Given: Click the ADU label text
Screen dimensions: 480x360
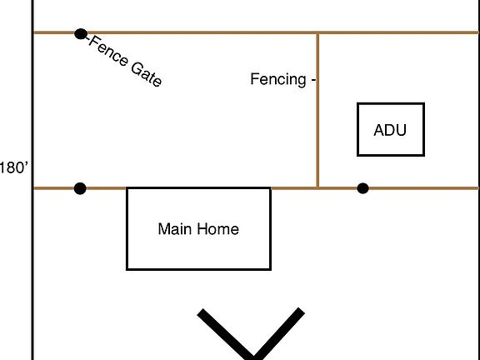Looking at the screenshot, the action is pyautogui.click(x=390, y=130).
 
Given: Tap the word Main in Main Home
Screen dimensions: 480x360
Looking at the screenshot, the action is pyautogui.click(x=172, y=229).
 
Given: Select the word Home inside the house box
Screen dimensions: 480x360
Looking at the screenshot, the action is pyautogui.click(x=218, y=229).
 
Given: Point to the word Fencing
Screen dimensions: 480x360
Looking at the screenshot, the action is pyautogui.click(x=278, y=80).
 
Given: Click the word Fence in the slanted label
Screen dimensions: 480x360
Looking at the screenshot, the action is pyautogui.click(x=108, y=51).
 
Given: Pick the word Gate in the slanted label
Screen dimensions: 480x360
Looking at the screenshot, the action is pyautogui.click(x=147, y=75).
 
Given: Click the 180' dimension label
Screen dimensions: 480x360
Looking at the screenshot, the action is pyautogui.click(x=14, y=167).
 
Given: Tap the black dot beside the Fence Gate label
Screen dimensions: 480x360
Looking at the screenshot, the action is pyautogui.click(x=81, y=33).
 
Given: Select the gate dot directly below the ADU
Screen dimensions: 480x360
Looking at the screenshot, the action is pyautogui.click(x=362, y=188).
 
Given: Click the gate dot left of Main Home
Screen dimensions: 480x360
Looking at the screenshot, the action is pyautogui.click(x=80, y=188).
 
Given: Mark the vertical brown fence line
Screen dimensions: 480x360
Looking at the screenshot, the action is pyautogui.click(x=318, y=110).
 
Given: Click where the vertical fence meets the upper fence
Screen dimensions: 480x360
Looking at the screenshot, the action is pyautogui.click(x=318, y=32).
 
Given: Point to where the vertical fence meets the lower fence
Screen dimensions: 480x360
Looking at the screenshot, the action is pyautogui.click(x=318, y=188).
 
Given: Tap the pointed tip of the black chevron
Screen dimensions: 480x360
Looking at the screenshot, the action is pyautogui.click(x=253, y=357).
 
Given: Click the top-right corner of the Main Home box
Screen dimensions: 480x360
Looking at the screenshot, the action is pyautogui.click(x=271, y=188).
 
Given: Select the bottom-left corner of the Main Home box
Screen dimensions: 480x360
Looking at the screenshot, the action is pyautogui.click(x=127, y=269).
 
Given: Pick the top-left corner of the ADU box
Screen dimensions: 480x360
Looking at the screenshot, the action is pyautogui.click(x=357, y=104).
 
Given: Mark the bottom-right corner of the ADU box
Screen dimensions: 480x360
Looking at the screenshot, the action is pyautogui.click(x=423, y=156).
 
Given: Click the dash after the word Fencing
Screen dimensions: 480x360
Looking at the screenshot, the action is pyautogui.click(x=313, y=80).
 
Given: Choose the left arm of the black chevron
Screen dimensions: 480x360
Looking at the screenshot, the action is pyautogui.click(x=225, y=333).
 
